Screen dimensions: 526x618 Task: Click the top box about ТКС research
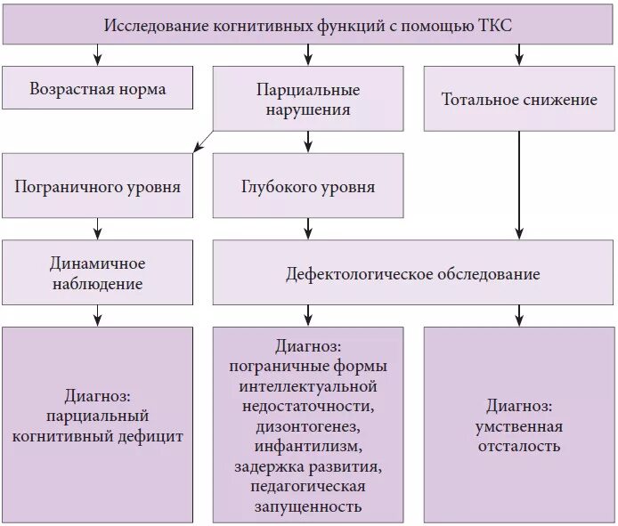(x=308, y=25)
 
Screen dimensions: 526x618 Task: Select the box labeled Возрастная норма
(x=97, y=89)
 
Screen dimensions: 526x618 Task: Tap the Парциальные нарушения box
(x=308, y=100)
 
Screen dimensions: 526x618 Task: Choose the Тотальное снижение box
(x=519, y=99)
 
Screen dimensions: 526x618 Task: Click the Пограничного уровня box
(x=97, y=187)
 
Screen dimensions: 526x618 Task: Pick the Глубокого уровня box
(x=308, y=187)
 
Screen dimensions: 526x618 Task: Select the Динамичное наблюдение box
(x=97, y=274)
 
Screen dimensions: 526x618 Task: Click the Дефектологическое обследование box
(x=412, y=274)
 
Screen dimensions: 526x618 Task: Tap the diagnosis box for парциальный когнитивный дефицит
(x=97, y=425)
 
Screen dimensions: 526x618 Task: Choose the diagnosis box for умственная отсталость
(x=519, y=425)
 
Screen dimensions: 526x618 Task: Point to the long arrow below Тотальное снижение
(x=519, y=187)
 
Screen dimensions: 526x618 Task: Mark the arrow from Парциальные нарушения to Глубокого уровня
(x=308, y=141)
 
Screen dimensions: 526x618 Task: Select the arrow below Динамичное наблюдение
(x=97, y=315)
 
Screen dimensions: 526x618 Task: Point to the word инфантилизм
(x=308, y=446)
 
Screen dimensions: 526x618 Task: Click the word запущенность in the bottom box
(x=308, y=506)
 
